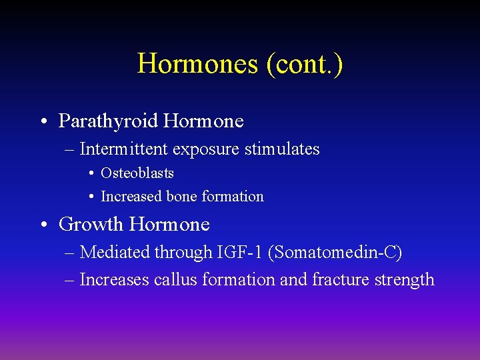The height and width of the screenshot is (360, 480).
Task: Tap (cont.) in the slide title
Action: (305, 64)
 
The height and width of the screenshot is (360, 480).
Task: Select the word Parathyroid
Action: (108, 121)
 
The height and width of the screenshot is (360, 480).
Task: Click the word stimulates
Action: (282, 149)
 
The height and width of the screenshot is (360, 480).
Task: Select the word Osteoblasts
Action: (137, 173)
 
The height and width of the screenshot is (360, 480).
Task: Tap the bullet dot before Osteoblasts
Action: (91, 174)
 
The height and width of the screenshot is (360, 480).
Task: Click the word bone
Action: (182, 197)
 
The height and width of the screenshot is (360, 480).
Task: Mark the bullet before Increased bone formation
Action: (91, 197)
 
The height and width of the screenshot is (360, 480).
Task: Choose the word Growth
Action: (91, 225)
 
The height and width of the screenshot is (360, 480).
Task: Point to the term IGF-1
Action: (241, 253)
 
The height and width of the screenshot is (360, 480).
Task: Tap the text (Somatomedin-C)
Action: (336, 253)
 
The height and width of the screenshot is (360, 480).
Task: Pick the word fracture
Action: (337, 280)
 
